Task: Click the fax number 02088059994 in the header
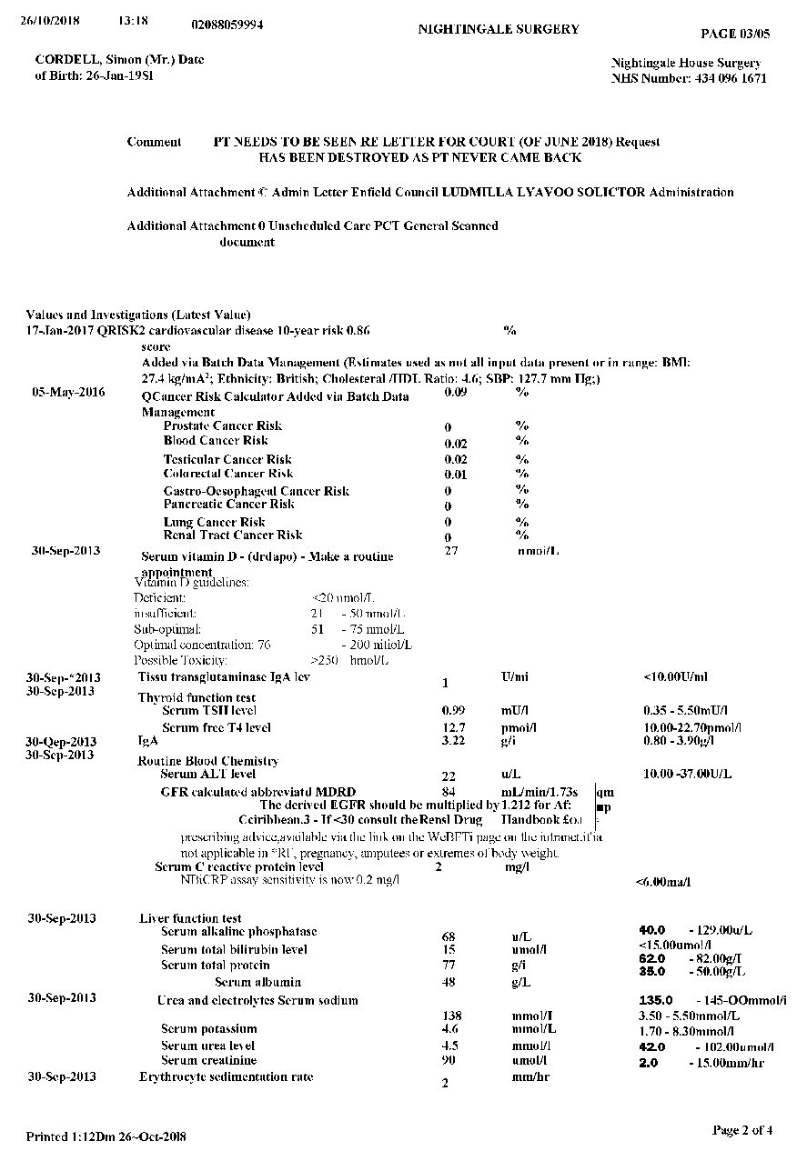[x=228, y=25]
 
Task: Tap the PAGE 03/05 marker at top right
[x=735, y=34]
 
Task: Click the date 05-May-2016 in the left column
[x=68, y=393]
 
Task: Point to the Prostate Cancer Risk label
[x=223, y=425]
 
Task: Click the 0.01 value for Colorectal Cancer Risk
[x=456, y=475]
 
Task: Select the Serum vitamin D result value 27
[x=451, y=551]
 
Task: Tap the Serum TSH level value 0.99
[x=453, y=709]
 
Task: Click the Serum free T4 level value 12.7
[x=453, y=728]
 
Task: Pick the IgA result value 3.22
[x=453, y=742]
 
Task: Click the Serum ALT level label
[x=207, y=774]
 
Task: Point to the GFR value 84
[x=449, y=792]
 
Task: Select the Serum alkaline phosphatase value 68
[x=449, y=936]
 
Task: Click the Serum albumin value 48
[x=449, y=983]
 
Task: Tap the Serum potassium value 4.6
[x=449, y=1029]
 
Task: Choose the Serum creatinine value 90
[x=449, y=1060]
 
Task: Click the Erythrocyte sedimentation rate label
[x=226, y=1076]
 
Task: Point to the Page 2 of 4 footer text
[x=742, y=1130]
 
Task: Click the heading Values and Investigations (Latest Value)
[x=138, y=315]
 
